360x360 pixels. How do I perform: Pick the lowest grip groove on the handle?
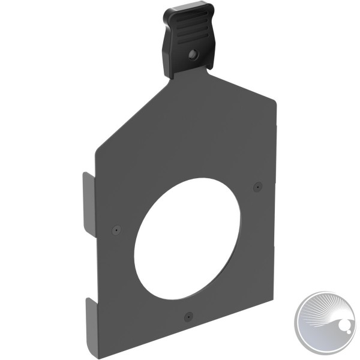coord(191,38)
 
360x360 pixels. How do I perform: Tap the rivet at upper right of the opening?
coord(257,186)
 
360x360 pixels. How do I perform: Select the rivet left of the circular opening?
coord(116,229)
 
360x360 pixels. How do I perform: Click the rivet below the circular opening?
coord(188,314)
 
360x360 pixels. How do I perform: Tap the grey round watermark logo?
coord(327,323)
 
